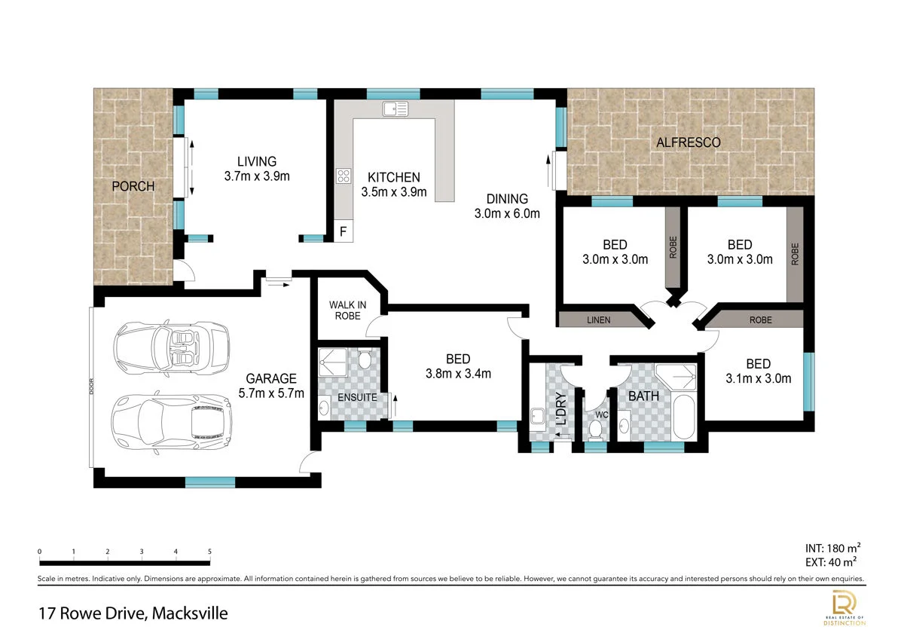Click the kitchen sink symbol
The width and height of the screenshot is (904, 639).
tap(395, 109)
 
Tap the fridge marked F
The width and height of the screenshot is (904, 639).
tap(344, 231)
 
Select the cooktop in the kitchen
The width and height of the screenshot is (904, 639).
tap(344, 176)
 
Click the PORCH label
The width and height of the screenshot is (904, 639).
tap(133, 186)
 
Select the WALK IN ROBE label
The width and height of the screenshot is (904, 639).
tap(347, 310)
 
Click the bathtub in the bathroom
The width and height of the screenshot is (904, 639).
tap(684, 417)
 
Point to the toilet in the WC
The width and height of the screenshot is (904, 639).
tap(595, 430)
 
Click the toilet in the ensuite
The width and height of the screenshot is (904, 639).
tap(365, 359)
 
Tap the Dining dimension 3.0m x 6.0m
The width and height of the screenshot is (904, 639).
tap(507, 213)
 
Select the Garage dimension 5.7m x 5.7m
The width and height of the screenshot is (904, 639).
tap(271, 393)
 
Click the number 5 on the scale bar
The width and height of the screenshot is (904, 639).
tap(209, 552)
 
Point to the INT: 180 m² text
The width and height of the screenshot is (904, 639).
tap(832, 548)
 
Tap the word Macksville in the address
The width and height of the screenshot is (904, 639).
tap(190, 613)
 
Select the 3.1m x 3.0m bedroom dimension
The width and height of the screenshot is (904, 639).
tap(759, 378)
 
